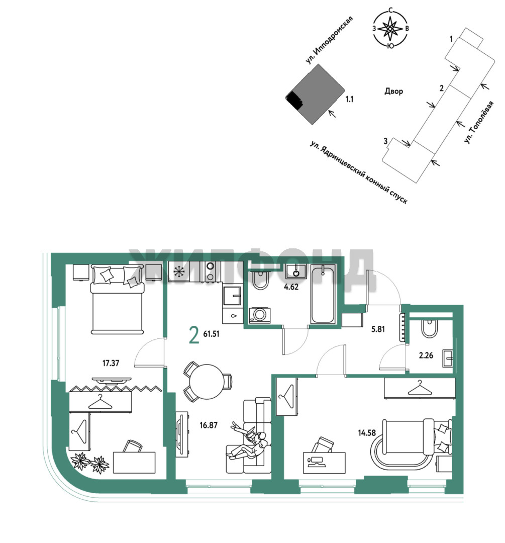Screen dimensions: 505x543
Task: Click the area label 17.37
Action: [111, 363]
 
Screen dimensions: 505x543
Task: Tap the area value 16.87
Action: [209, 425]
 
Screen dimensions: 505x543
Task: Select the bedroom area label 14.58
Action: [367, 432]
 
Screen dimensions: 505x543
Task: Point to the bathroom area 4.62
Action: [291, 287]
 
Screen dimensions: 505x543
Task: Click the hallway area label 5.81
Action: [378, 329]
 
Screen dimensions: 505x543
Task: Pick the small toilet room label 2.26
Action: [426, 355]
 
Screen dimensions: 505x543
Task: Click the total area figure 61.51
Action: [211, 334]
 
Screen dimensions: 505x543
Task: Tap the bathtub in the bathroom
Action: [323, 294]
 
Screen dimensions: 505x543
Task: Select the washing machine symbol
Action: [260, 315]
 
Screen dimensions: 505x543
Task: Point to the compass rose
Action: [391, 29]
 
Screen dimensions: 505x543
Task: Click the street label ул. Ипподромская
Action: [329, 40]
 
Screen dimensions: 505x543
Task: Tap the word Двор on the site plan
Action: [393, 92]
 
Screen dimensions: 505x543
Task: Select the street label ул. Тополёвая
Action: [479, 122]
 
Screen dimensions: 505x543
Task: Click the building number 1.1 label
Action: [349, 100]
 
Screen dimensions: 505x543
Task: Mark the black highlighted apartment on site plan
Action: [294, 100]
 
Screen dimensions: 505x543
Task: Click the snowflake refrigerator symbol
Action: [179, 271]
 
